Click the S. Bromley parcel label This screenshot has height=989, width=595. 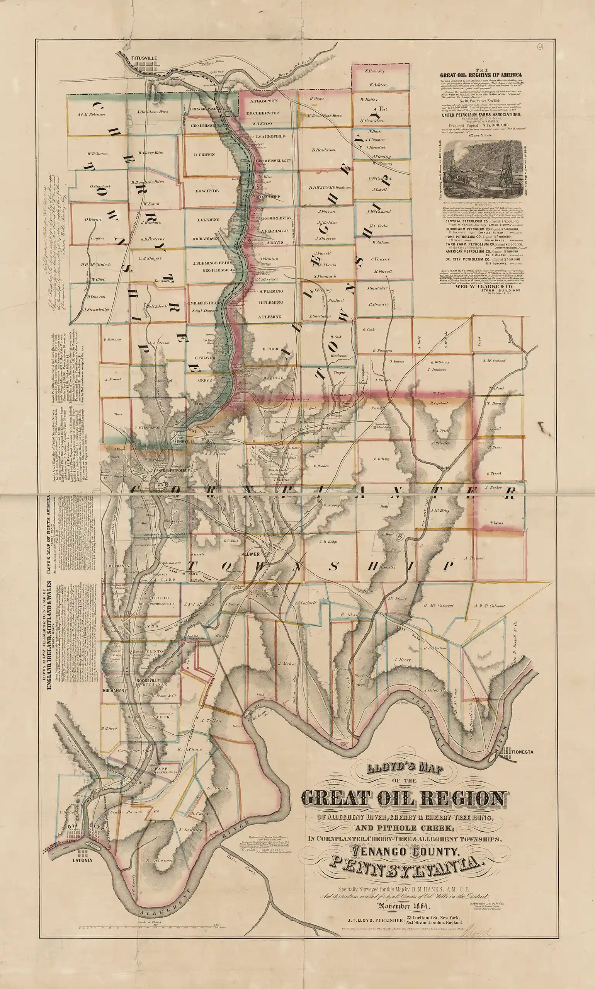click(x=375, y=71)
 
